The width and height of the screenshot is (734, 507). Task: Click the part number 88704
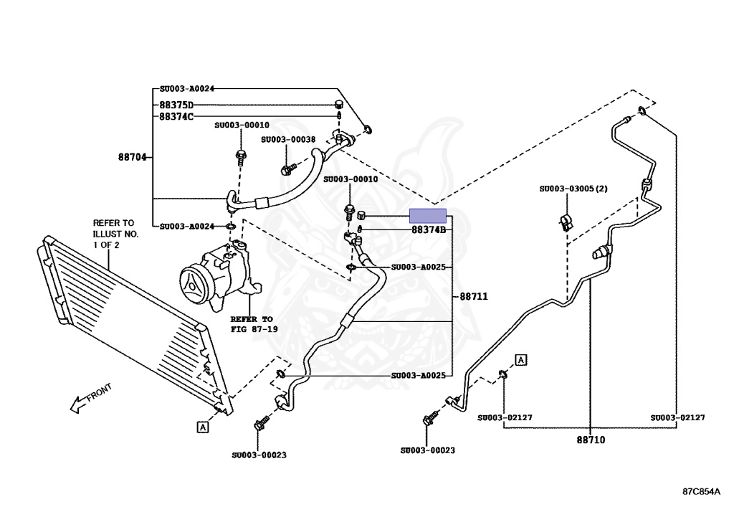[x=133, y=156]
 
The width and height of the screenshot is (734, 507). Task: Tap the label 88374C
[x=176, y=116]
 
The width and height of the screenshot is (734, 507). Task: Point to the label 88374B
[x=429, y=230]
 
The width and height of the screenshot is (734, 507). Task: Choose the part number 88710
[x=591, y=440]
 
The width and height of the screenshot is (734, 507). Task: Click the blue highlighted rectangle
[x=427, y=215]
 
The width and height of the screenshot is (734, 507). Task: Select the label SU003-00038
[x=288, y=140]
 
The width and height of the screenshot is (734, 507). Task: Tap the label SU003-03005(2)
[x=573, y=189]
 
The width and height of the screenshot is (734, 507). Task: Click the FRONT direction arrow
[x=89, y=399]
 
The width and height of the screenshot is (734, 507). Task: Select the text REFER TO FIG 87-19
[x=252, y=323]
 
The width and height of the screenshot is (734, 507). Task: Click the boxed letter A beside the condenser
[x=203, y=427]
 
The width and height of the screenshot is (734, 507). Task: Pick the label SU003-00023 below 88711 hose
[x=259, y=455]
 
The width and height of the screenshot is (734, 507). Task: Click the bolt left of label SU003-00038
[x=288, y=169]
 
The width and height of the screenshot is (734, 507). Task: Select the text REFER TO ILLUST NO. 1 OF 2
[x=115, y=234]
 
